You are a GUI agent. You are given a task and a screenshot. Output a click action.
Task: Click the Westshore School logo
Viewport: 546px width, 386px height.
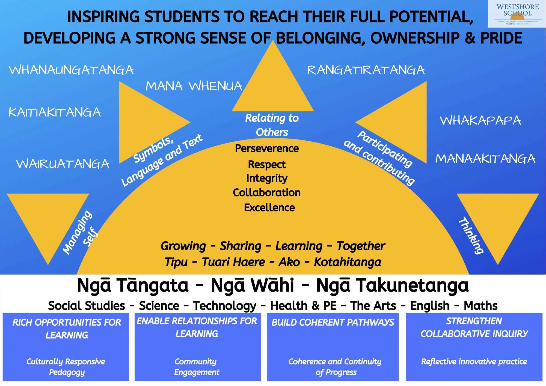[517, 14]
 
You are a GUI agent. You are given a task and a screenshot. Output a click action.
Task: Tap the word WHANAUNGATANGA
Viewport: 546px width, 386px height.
[71, 70]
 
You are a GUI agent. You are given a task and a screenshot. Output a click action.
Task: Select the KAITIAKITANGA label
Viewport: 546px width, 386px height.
[55, 112]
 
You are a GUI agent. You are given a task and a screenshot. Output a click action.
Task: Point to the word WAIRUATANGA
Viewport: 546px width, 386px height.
[63, 164]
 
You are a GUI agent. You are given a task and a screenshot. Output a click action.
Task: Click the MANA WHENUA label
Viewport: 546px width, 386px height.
[194, 86]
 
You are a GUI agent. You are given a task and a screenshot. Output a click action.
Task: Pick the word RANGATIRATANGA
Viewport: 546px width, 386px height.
[366, 70]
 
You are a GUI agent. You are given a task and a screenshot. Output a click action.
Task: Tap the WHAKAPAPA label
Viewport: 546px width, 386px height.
[480, 120]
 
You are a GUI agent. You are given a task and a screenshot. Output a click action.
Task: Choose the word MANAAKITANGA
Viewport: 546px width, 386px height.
[485, 159]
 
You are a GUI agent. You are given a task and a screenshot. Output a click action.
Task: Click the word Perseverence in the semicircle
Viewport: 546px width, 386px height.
[267, 149]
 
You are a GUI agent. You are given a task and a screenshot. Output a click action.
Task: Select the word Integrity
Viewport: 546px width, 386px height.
[267, 178]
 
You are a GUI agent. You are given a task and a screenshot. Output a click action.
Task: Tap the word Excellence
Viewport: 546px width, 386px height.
[269, 208]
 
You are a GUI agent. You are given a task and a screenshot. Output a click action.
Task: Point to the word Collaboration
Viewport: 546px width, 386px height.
[267, 193]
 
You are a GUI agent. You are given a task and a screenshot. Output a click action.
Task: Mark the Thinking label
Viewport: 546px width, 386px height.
[471, 235]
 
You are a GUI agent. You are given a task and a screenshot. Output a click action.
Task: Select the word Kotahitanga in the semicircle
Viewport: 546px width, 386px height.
[347, 262]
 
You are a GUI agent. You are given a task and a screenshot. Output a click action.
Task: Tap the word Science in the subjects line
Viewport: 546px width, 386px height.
[159, 306]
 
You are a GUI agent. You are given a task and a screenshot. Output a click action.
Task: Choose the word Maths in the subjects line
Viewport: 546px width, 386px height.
[480, 306]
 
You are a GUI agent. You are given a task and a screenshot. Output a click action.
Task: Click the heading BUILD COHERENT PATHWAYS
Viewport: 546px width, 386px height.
[333, 322]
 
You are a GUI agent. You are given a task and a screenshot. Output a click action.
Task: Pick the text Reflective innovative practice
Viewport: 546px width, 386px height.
[474, 362]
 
